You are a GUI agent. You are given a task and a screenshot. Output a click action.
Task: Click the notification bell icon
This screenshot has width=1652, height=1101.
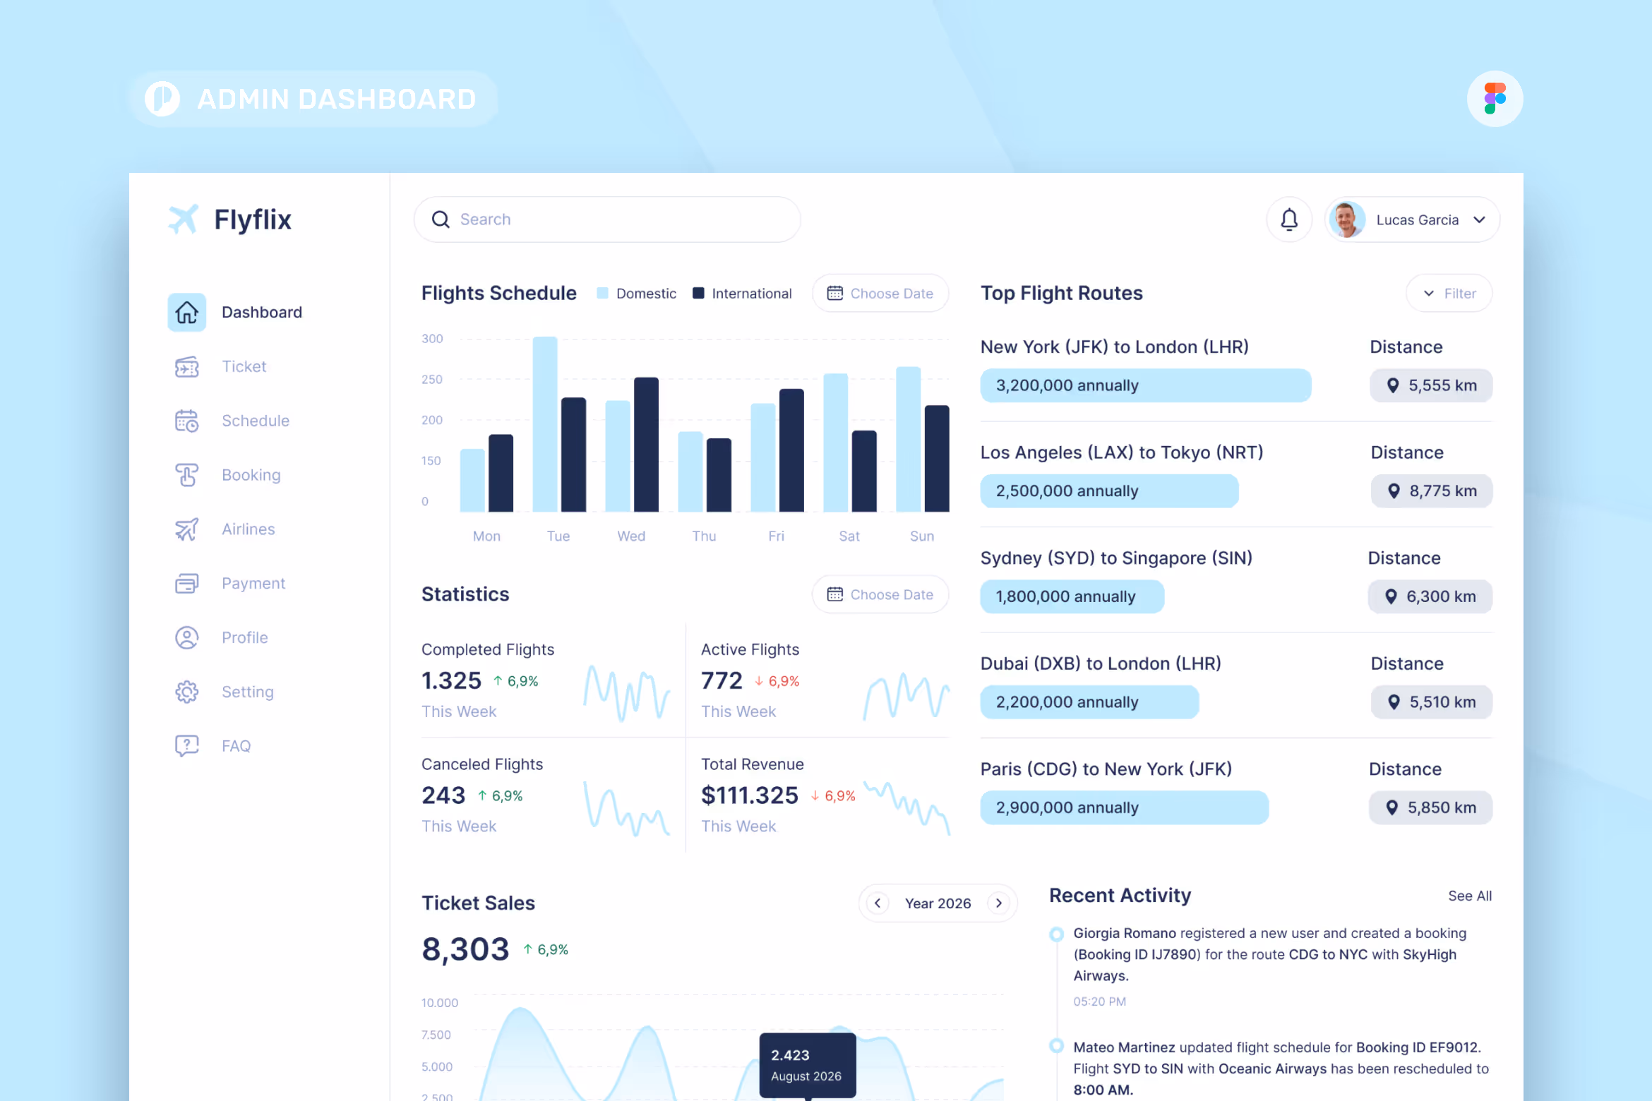click(x=1288, y=219)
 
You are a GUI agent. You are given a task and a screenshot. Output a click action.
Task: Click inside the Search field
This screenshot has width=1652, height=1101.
click(x=607, y=219)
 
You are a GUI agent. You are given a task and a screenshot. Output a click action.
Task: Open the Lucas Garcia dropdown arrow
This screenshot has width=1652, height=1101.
click(x=1479, y=219)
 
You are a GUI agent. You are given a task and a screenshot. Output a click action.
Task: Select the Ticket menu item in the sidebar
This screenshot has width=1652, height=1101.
click(x=244, y=366)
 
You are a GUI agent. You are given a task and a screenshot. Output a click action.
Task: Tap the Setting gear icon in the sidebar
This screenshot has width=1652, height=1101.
click(x=187, y=692)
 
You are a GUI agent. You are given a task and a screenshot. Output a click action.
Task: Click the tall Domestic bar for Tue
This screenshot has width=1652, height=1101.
click(x=544, y=423)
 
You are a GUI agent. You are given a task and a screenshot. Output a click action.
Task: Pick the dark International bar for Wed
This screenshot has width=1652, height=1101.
click(x=645, y=445)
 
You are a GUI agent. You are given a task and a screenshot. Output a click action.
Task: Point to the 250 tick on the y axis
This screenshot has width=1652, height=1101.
click(x=431, y=380)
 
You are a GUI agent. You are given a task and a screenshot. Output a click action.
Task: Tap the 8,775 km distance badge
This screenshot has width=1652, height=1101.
click(x=1432, y=491)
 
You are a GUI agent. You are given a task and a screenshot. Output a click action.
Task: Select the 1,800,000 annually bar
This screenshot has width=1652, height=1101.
click(x=1071, y=597)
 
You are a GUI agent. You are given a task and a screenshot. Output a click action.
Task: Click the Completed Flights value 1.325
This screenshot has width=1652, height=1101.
click(x=451, y=681)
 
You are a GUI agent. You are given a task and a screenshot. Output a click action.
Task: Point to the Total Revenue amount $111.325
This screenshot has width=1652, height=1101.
click(x=749, y=795)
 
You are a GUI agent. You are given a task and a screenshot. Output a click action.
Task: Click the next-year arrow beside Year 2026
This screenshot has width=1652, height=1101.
click(x=998, y=903)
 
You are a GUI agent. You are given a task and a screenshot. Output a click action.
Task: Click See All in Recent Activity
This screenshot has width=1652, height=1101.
click(x=1469, y=896)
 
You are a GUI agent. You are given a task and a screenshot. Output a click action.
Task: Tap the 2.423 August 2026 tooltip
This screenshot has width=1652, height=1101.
click(x=807, y=1065)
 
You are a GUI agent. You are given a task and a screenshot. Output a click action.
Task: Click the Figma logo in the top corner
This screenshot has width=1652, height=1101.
click(x=1494, y=99)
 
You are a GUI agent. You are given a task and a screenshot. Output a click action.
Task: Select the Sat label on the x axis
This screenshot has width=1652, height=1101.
click(x=849, y=536)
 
